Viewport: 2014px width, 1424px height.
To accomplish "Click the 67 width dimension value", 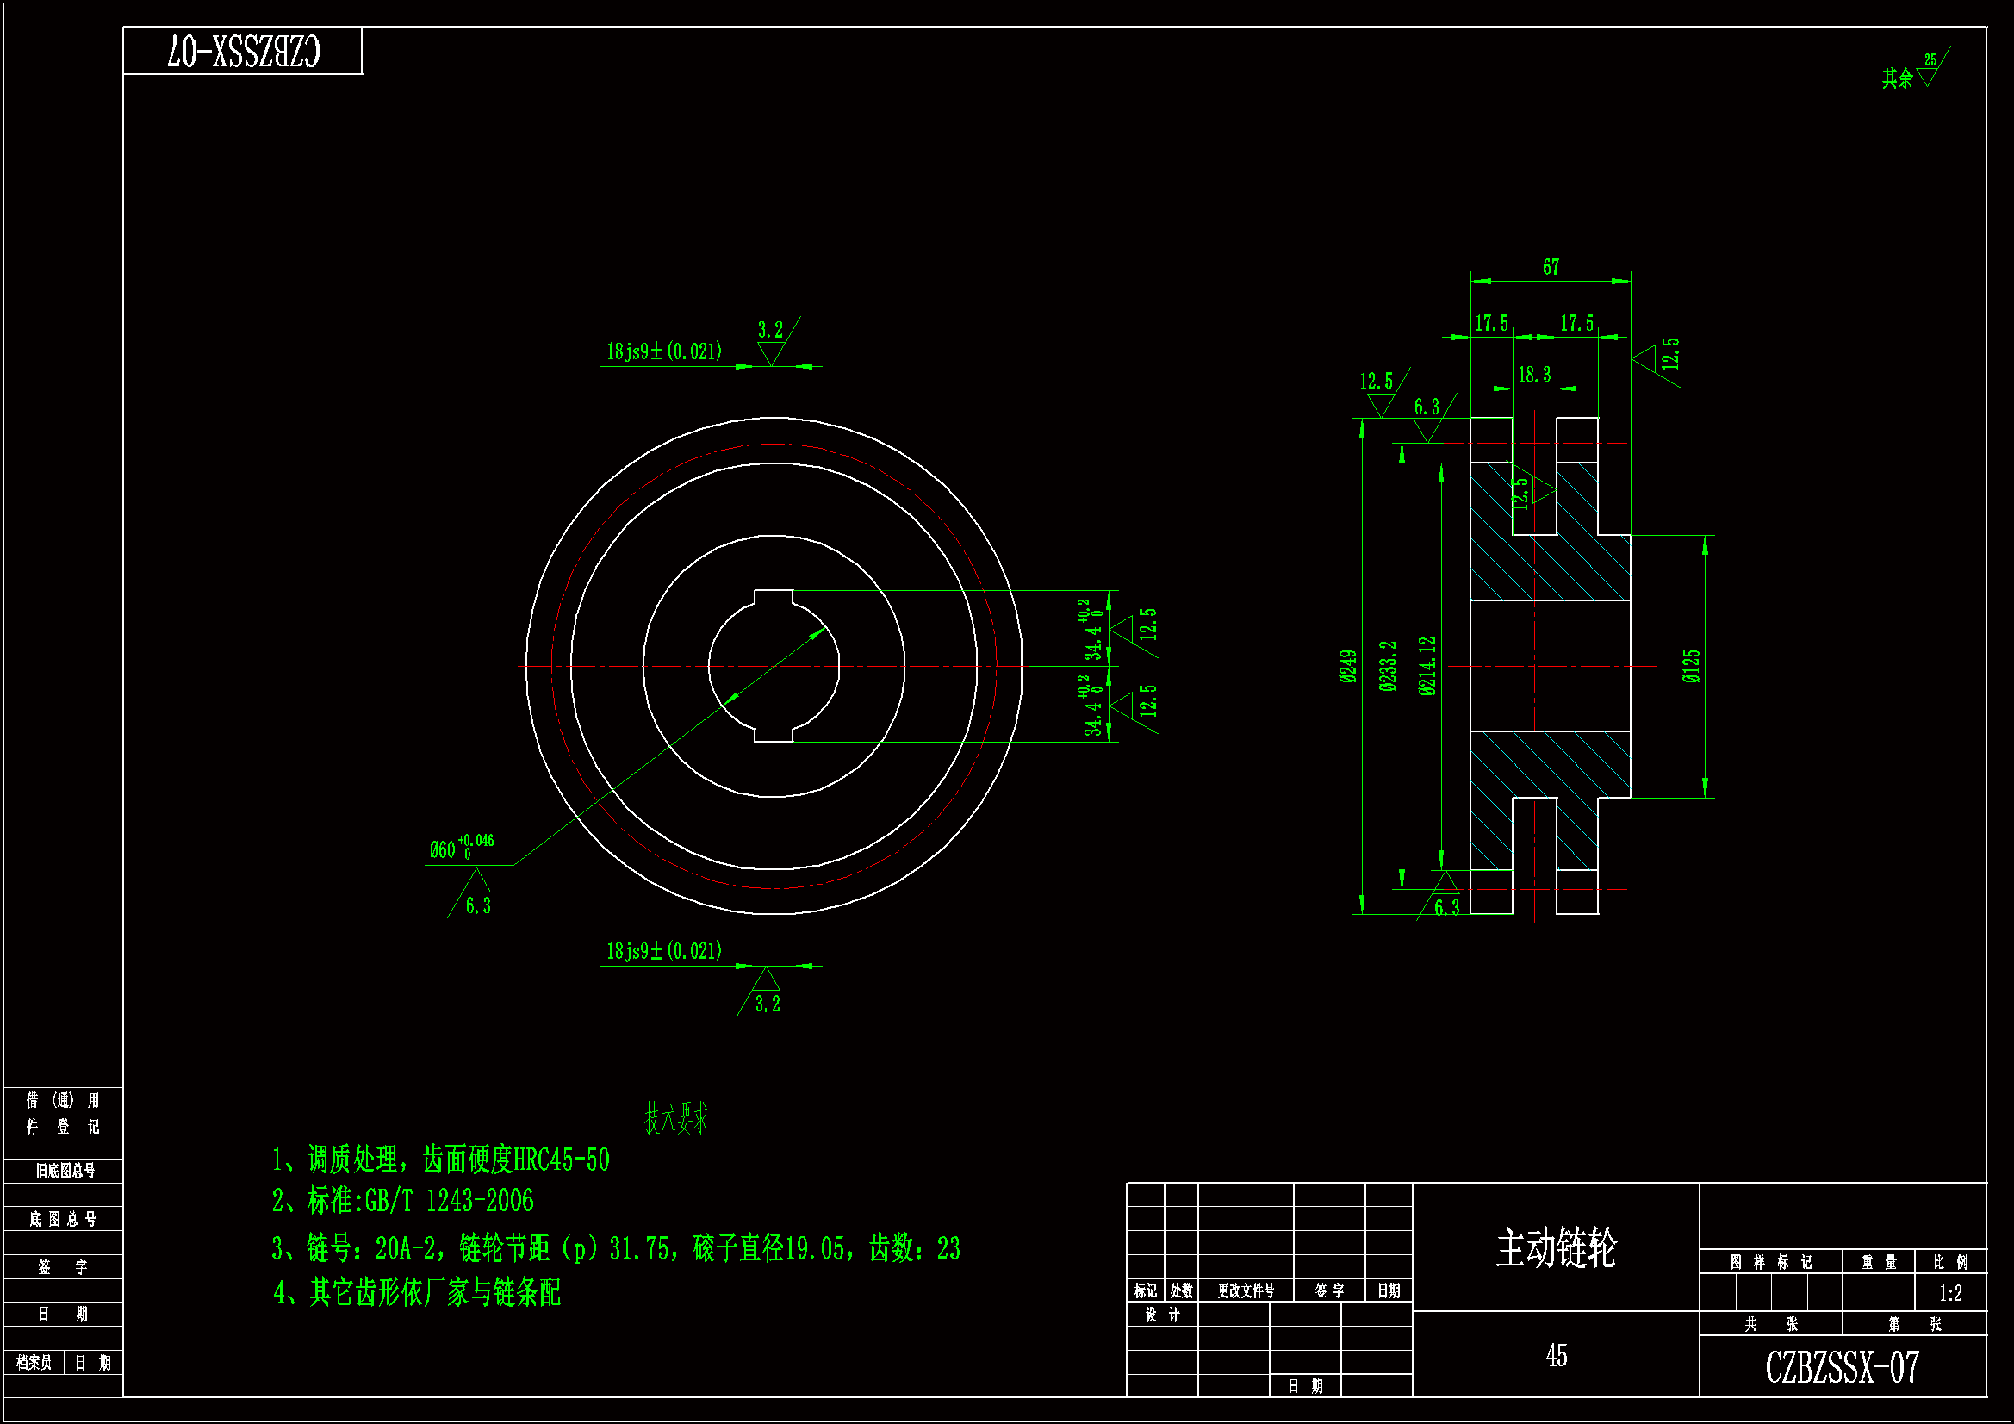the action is coord(1551,267).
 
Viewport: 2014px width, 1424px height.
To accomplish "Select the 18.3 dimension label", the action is coord(1534,376).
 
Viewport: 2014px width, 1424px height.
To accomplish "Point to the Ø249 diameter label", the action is coord(1348,666).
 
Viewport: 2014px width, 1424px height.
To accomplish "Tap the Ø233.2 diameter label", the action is coord(1388,666).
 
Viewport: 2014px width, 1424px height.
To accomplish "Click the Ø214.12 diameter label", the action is coord(1428,666).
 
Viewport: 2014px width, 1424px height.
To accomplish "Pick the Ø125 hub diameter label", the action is coord(1691,666).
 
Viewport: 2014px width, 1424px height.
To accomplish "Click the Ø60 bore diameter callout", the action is coord(461,849).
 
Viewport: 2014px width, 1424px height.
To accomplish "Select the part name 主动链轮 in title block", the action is coord(1556,1247).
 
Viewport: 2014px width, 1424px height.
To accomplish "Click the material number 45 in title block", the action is coord(1556,1356).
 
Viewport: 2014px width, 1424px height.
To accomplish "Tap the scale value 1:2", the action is coord(1950,1293).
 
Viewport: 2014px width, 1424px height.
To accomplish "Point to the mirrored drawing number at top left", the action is coord(244,52).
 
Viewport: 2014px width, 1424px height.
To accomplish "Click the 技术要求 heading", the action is coord(676,1119).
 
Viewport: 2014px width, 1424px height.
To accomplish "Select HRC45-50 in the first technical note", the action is coord(562,1160).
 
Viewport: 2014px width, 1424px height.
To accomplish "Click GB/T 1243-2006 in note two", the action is coord(449,1201).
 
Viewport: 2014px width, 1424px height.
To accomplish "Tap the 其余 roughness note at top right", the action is coord(1898,79).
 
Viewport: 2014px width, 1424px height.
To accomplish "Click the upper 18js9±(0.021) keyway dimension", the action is coord(664,351).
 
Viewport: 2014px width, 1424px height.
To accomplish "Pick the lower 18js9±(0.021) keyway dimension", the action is coord(664,951).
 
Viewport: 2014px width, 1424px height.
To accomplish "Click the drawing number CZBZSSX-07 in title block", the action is coord(1842,1367).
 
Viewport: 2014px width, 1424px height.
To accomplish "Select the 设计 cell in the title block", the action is coord(1162,1315).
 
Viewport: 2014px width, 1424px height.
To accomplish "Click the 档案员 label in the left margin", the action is coord(34,1363).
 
